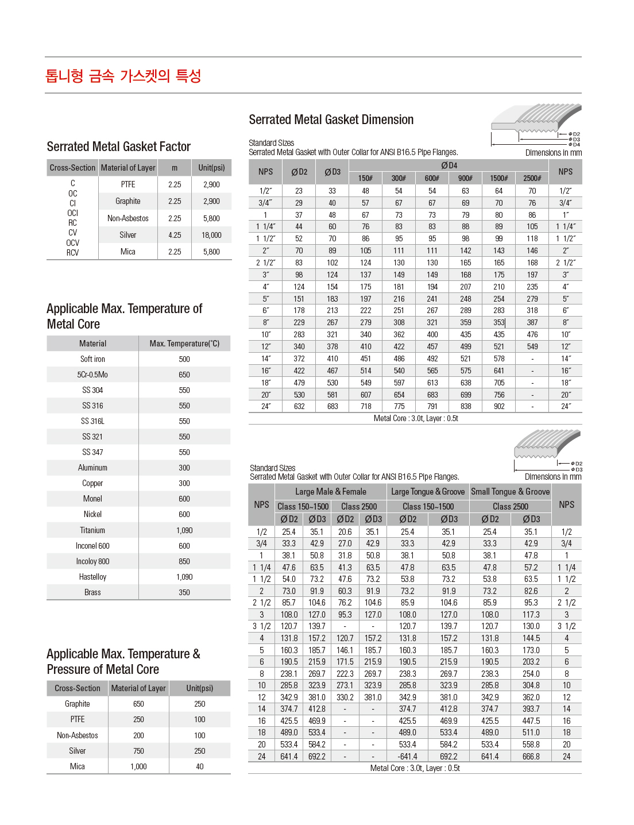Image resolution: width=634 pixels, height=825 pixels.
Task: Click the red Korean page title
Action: click(x=123, y=76)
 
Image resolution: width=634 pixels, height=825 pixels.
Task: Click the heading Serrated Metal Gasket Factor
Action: click(x=118, y=147)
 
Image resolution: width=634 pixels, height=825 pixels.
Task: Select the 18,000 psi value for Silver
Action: click(x=211, y=235)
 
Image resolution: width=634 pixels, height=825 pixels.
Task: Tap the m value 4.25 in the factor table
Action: click(x=175, y=235)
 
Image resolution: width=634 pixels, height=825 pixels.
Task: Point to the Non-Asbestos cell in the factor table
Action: click(x=128, y=218)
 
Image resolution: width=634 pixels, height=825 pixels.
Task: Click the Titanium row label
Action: click(x=92, y=530)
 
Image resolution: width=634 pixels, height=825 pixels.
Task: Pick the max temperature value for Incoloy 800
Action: click(x=184, y=561)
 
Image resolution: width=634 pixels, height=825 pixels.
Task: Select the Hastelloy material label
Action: click(x=92, y=577)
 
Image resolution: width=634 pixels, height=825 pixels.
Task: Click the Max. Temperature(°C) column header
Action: click(x=184, y=344)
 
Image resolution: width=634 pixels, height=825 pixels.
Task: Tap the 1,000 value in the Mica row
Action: click(x=138, y=766)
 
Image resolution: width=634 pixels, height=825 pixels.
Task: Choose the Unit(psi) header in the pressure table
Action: click(x=199, y=688)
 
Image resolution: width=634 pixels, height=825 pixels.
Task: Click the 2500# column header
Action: click(x=532, y=178)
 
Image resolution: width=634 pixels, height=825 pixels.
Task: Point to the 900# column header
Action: click(x=465, y=178)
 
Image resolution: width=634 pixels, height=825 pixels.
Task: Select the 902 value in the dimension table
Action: click(x=499, y=406)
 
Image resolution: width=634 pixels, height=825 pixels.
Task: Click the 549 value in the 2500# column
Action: click(x=532, y=346)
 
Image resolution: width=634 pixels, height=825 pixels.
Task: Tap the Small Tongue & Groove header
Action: click(x=510, y=492)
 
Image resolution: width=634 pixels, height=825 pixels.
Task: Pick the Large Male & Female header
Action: click(x=330, y=492)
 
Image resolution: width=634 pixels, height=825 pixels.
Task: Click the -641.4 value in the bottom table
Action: click(x=407, y=757)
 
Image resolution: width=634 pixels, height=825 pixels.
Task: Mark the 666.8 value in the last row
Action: click(x=531, y=757)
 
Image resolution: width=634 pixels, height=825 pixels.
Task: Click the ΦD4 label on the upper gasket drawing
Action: click(x=575, y=145)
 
